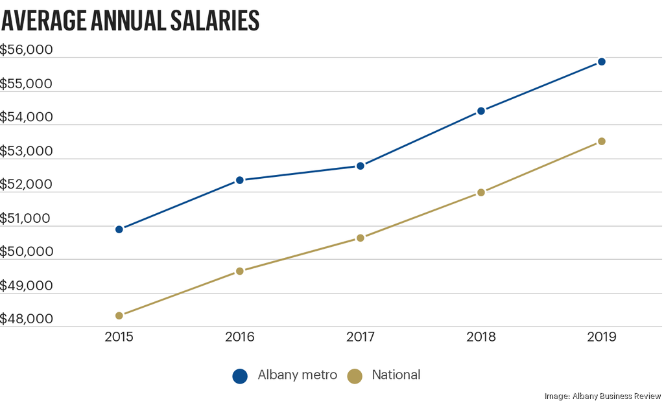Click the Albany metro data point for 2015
(x=119, y=229)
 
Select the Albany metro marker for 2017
(x=361, y=166)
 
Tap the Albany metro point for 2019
(x=602, y=62)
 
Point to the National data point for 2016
(x=240, y=271)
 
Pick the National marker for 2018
(x=481, y=192)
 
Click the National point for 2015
(x=119, y=316)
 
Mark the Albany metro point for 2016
(x=240, y=180)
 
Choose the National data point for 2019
(x=602, y=141)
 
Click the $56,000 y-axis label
(x=27, y=50)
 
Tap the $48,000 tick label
(x=27, y=319)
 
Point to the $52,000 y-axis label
(x=27, y=185)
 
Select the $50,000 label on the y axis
(x=27, y=252)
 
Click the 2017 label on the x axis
(x=361, y=338)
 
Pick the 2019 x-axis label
(x=602, y=338)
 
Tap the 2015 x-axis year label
(x=119, y=338)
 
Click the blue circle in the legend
(x=241, y=376)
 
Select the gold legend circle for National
(x=355, y=376)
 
